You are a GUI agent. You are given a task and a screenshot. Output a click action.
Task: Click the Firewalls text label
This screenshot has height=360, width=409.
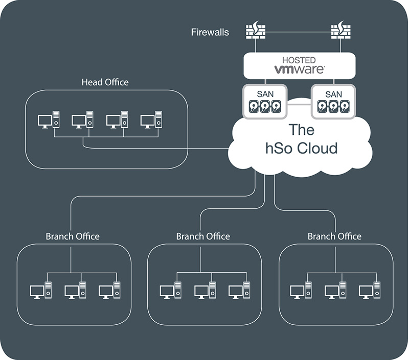[x=210, y=32]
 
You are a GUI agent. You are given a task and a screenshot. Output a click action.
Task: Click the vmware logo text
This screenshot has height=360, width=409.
[x=299, y=69]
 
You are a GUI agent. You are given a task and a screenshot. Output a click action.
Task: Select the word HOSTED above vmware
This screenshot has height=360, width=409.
[x=299, y=60]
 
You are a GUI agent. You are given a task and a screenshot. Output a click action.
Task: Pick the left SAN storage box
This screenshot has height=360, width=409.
[x=264, y=101]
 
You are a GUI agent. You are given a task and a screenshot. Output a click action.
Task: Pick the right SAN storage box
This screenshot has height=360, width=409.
[x=333, y=101]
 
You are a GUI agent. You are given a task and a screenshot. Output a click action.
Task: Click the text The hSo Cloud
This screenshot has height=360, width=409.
[x=302, y=138]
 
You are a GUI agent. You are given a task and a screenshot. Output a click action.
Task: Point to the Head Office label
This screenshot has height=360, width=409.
[x=105, y=82]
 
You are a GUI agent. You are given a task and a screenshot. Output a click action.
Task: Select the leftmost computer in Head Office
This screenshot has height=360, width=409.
[x=49, y=120]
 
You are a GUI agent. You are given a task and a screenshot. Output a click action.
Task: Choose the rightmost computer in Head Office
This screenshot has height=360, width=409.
[x=152, y=120]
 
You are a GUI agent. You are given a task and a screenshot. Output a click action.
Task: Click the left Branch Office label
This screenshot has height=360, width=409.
[x=72, y=236]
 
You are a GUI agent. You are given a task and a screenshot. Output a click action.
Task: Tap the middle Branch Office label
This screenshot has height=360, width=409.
[x=203, y=236]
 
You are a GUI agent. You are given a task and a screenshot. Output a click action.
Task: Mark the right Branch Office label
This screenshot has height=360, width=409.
[x=334, y=236]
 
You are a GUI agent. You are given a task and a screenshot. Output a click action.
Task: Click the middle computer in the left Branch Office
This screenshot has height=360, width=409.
[x=75, y=290]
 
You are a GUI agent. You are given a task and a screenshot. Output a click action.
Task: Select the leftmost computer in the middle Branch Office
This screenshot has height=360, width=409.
[x=171, y=290]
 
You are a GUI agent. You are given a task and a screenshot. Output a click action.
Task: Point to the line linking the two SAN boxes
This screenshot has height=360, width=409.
[x=299, y=104]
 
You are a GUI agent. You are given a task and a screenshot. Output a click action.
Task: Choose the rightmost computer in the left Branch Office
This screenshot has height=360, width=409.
[x=109, y=290]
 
